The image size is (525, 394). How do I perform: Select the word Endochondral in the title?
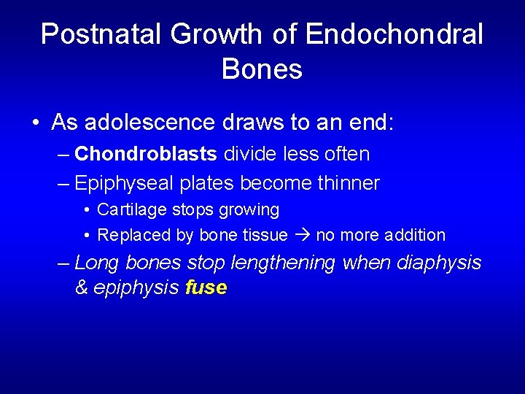(394, 34)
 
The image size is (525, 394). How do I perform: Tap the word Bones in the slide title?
(262, 69)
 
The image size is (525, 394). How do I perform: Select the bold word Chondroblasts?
(146, 154)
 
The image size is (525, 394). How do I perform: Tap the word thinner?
(349, 183)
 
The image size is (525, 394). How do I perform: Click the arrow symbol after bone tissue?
(302, 235)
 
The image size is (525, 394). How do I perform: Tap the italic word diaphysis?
(439, 263)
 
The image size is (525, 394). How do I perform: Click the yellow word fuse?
(206, 288)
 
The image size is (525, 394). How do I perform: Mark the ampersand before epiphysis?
(81, 288)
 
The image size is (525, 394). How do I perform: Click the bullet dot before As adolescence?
(36, 123)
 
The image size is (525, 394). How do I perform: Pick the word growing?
(250, 210)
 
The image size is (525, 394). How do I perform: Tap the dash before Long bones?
(63, 263)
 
